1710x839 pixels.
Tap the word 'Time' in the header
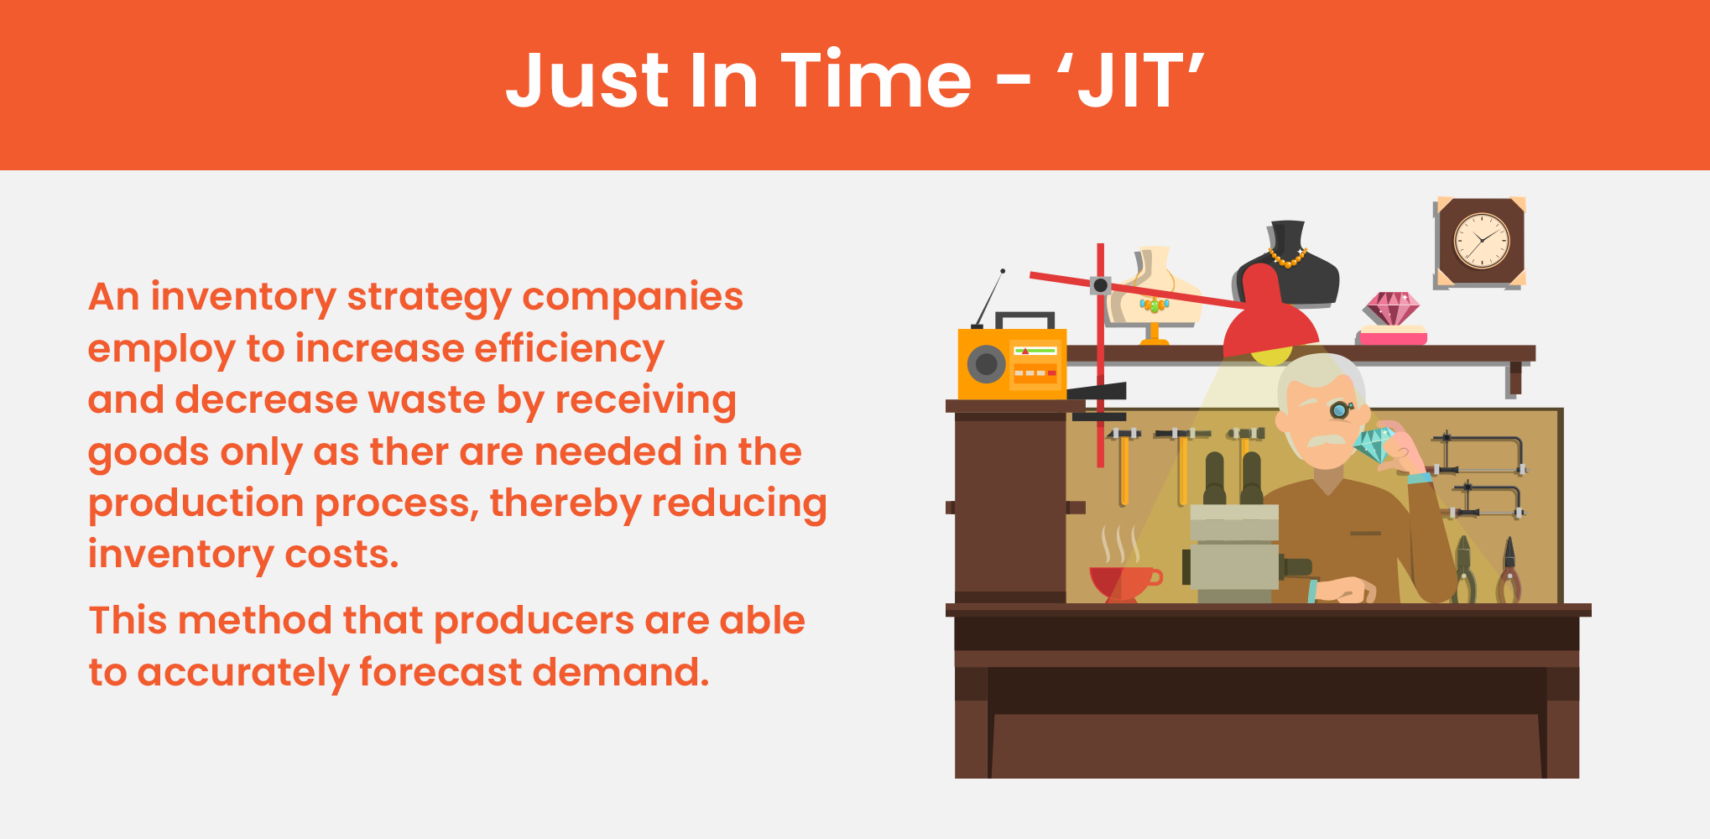pos(876,81)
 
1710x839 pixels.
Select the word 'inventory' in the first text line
pos(242,297)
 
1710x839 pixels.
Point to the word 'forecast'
pos(440,673)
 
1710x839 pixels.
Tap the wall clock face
pos(1481,241)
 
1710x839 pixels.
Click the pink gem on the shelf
pos(1391,309)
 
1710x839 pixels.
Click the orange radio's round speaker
pos(987,364)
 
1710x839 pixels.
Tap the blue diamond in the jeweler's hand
pos(1373,446)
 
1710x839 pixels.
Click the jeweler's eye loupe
pos(1340,410)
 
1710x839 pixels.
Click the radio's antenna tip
pos(1003,271)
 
